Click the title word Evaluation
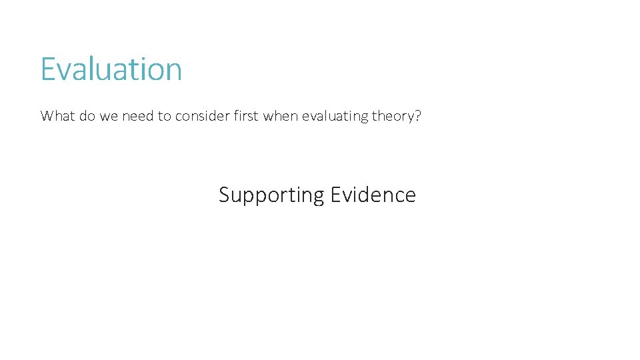[111, 69]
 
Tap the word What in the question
[55, 116]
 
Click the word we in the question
[106, 116]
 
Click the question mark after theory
[418, 116]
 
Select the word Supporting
[271, 195]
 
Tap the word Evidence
[373, 195]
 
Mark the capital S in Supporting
[225, 195]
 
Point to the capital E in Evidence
[335, 195]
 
